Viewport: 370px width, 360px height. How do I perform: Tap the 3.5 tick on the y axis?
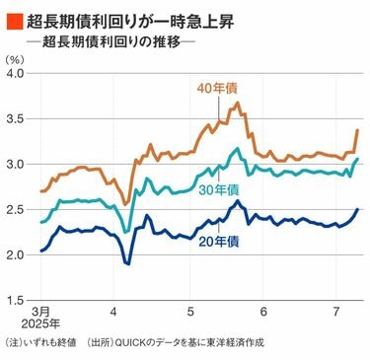16,119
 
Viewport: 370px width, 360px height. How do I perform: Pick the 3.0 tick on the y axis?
16,165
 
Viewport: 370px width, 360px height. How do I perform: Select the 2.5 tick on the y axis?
16,210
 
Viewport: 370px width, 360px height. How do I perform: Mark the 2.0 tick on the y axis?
16,254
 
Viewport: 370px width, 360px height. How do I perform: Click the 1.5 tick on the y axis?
16,300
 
